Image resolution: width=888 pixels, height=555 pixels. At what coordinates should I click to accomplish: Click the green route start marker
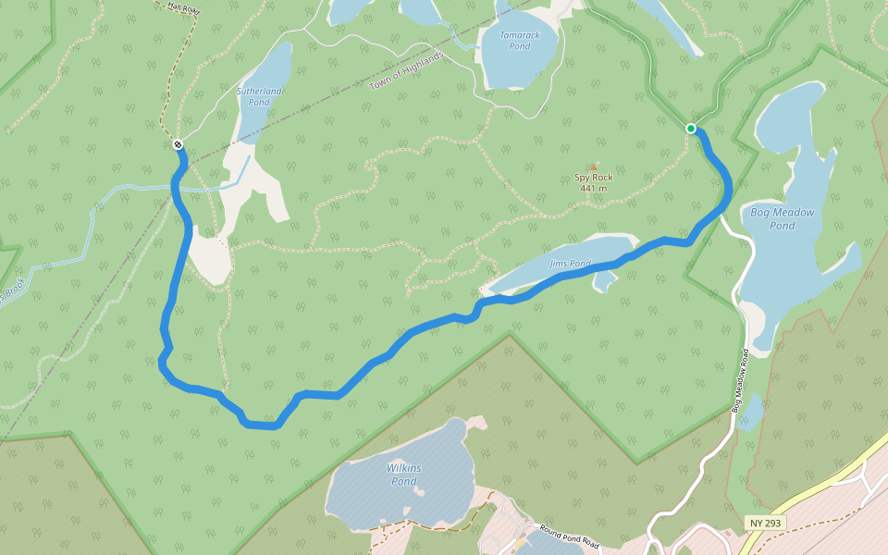[x=691, y=129]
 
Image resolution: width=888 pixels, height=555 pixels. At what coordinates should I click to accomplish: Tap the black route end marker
[x=177, y=144]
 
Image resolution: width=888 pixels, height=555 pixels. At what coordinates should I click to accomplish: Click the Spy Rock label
[x=594, y=177]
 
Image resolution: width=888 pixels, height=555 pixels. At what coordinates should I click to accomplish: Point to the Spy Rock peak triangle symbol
[x=594, y=167]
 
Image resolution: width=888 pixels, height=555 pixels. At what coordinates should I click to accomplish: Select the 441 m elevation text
[x=594, y=189]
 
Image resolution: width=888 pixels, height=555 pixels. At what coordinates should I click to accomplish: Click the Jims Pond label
[x=570, y=264]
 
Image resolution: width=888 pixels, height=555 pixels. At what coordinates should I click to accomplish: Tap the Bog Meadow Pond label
[x=783, y=218]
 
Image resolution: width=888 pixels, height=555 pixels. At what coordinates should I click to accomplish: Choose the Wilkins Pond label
[x=403, y=475]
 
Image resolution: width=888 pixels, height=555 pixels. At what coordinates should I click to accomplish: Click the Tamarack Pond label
[x=520, y=41]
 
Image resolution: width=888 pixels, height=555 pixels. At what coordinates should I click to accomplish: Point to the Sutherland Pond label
[x=259, y=96]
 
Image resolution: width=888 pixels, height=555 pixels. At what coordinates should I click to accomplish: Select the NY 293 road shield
[x=766, y=524]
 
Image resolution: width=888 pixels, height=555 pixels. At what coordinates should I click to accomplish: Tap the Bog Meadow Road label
[x=741, y=379]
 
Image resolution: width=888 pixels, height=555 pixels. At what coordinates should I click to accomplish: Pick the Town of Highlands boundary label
[x=407, y=71]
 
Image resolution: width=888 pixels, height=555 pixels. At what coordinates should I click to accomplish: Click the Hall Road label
[x=184, y=6]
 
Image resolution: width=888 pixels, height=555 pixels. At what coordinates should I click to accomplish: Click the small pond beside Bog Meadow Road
[x=751, y=412]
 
